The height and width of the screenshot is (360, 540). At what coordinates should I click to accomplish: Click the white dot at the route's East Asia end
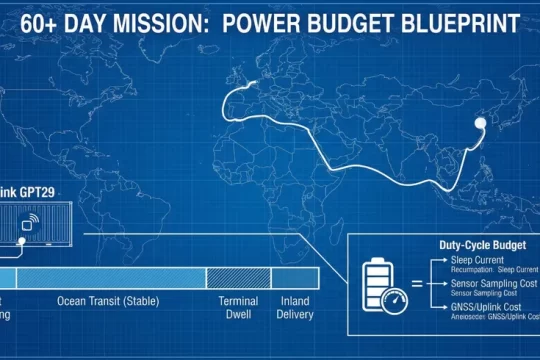(x=479, y=123)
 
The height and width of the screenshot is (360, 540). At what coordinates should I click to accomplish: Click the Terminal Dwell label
(x=239, y=307)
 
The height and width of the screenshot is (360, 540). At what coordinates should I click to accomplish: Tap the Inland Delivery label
(x=295, y=307)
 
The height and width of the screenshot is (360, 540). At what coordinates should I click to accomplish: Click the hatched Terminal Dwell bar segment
(x=238, y=277)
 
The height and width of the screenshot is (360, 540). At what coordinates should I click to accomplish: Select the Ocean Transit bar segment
(x=111, y=277)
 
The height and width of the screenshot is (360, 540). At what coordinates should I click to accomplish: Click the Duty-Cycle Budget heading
(x=475, y=245)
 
